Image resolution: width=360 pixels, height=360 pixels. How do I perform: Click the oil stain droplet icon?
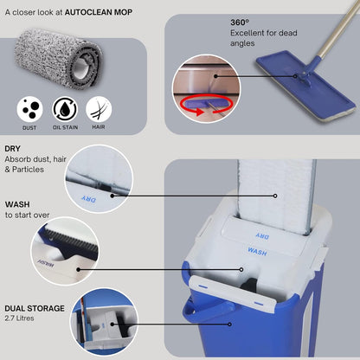(x=64, y=108)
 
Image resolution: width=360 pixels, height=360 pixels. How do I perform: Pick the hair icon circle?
(x=99, y=108)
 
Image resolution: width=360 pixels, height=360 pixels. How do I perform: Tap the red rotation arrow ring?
(x=198, y=106)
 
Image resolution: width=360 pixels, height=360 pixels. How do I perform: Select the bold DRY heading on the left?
(x=13, y=148)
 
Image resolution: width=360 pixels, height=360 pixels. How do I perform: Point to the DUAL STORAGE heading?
(x=35, y=308)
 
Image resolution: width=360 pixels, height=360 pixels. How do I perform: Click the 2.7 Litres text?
(x=22, y=318)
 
